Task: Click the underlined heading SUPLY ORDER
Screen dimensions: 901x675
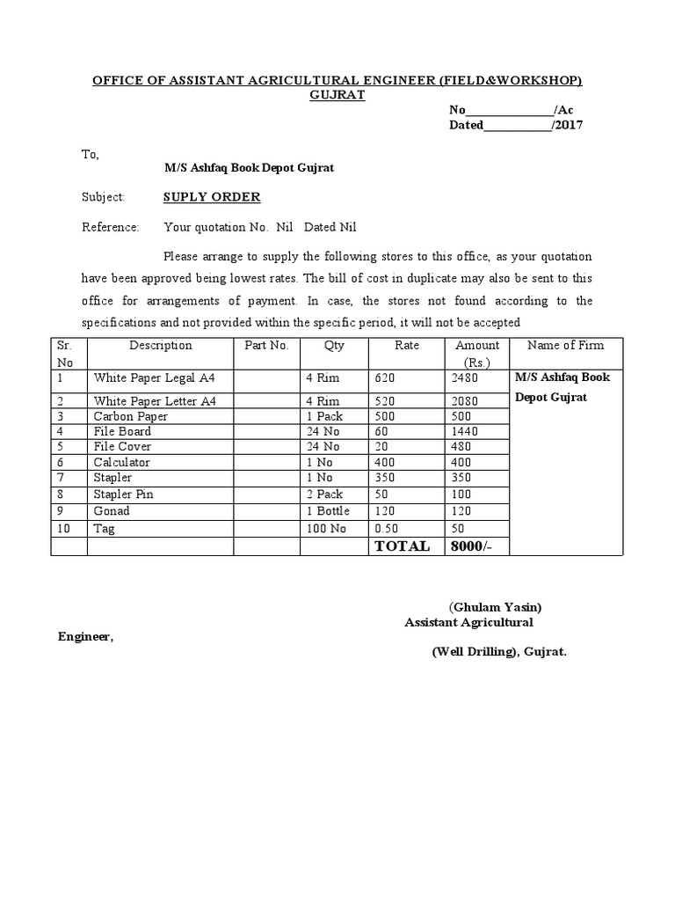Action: click(212, 197)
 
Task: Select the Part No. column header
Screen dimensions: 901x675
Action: click(266, 346)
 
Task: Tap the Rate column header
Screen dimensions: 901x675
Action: click(407, 346)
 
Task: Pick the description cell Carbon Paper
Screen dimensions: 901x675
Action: click(131, 416)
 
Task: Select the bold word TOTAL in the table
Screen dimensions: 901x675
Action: click(403, 546)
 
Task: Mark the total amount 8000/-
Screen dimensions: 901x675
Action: click(473, 546)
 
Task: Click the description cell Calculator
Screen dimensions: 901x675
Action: click(122, 463)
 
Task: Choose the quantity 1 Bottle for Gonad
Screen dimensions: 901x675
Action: click(328, 511)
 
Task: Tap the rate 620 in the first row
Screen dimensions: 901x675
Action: click(384, 377)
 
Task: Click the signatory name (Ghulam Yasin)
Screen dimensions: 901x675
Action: click(496, 607)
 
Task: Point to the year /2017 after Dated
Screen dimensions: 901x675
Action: click(567, 125)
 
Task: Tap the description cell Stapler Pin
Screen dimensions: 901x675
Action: click(124, 494)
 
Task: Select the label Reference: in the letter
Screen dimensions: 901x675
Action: click(111, 227)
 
